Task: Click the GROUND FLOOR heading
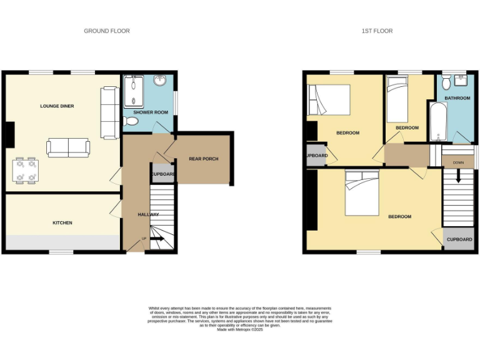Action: [107, 31]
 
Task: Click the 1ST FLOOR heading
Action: [377, 31]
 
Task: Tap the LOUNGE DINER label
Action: [57, 106]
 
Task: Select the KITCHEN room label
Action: [62, 222]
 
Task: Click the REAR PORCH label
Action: [204, 159]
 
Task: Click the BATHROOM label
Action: [457, 99]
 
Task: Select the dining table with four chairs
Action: [26, 170]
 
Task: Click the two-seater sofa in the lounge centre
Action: [68, 148]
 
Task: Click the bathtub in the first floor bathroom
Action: [436, 121]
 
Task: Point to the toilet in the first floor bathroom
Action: [447, 82]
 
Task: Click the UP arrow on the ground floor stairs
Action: [155, 239]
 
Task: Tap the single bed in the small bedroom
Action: [396, 100]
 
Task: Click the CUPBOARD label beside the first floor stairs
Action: [459, 239]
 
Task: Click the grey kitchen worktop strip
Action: [62, 242]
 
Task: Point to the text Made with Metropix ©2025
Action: [240, 330]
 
